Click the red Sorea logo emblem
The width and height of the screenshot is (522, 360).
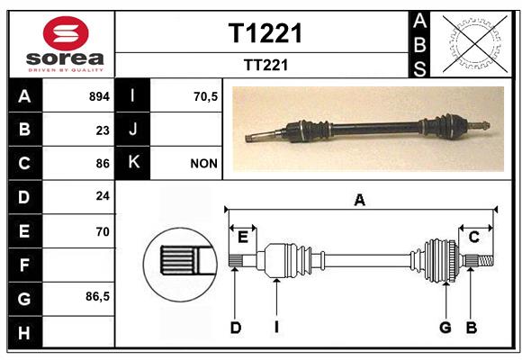tap(66, 33)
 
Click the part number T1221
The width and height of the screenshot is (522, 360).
tap(265, 33)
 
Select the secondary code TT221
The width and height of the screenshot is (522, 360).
tap(265, 65)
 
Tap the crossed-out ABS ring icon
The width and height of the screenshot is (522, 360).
tap(475, 43)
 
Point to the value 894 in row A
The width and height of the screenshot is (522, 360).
tap(99, 96)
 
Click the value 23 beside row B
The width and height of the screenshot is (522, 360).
tap(103, 130)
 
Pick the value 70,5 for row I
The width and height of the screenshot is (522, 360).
tap(205, 96)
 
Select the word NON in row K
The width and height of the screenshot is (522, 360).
tap(203, 164)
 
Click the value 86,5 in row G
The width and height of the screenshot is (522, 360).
tap(97, 296)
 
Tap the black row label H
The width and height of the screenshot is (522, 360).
tap(25, 332)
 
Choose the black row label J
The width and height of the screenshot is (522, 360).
tap(132, 129)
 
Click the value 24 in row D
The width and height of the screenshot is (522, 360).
tap(103, 196)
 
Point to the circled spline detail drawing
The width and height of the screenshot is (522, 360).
tap(180, 265)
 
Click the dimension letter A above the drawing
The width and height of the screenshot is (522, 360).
tap(359, 200)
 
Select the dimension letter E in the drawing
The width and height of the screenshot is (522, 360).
tap(243, 238)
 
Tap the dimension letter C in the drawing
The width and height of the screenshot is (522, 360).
tap(473, 237)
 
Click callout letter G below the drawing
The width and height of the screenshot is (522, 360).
tap(445, 328)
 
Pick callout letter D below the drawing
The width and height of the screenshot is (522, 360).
tap(236, 328)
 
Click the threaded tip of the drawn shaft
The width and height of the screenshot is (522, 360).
tap(486, 260)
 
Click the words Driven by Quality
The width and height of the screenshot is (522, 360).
tap(66, 70)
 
